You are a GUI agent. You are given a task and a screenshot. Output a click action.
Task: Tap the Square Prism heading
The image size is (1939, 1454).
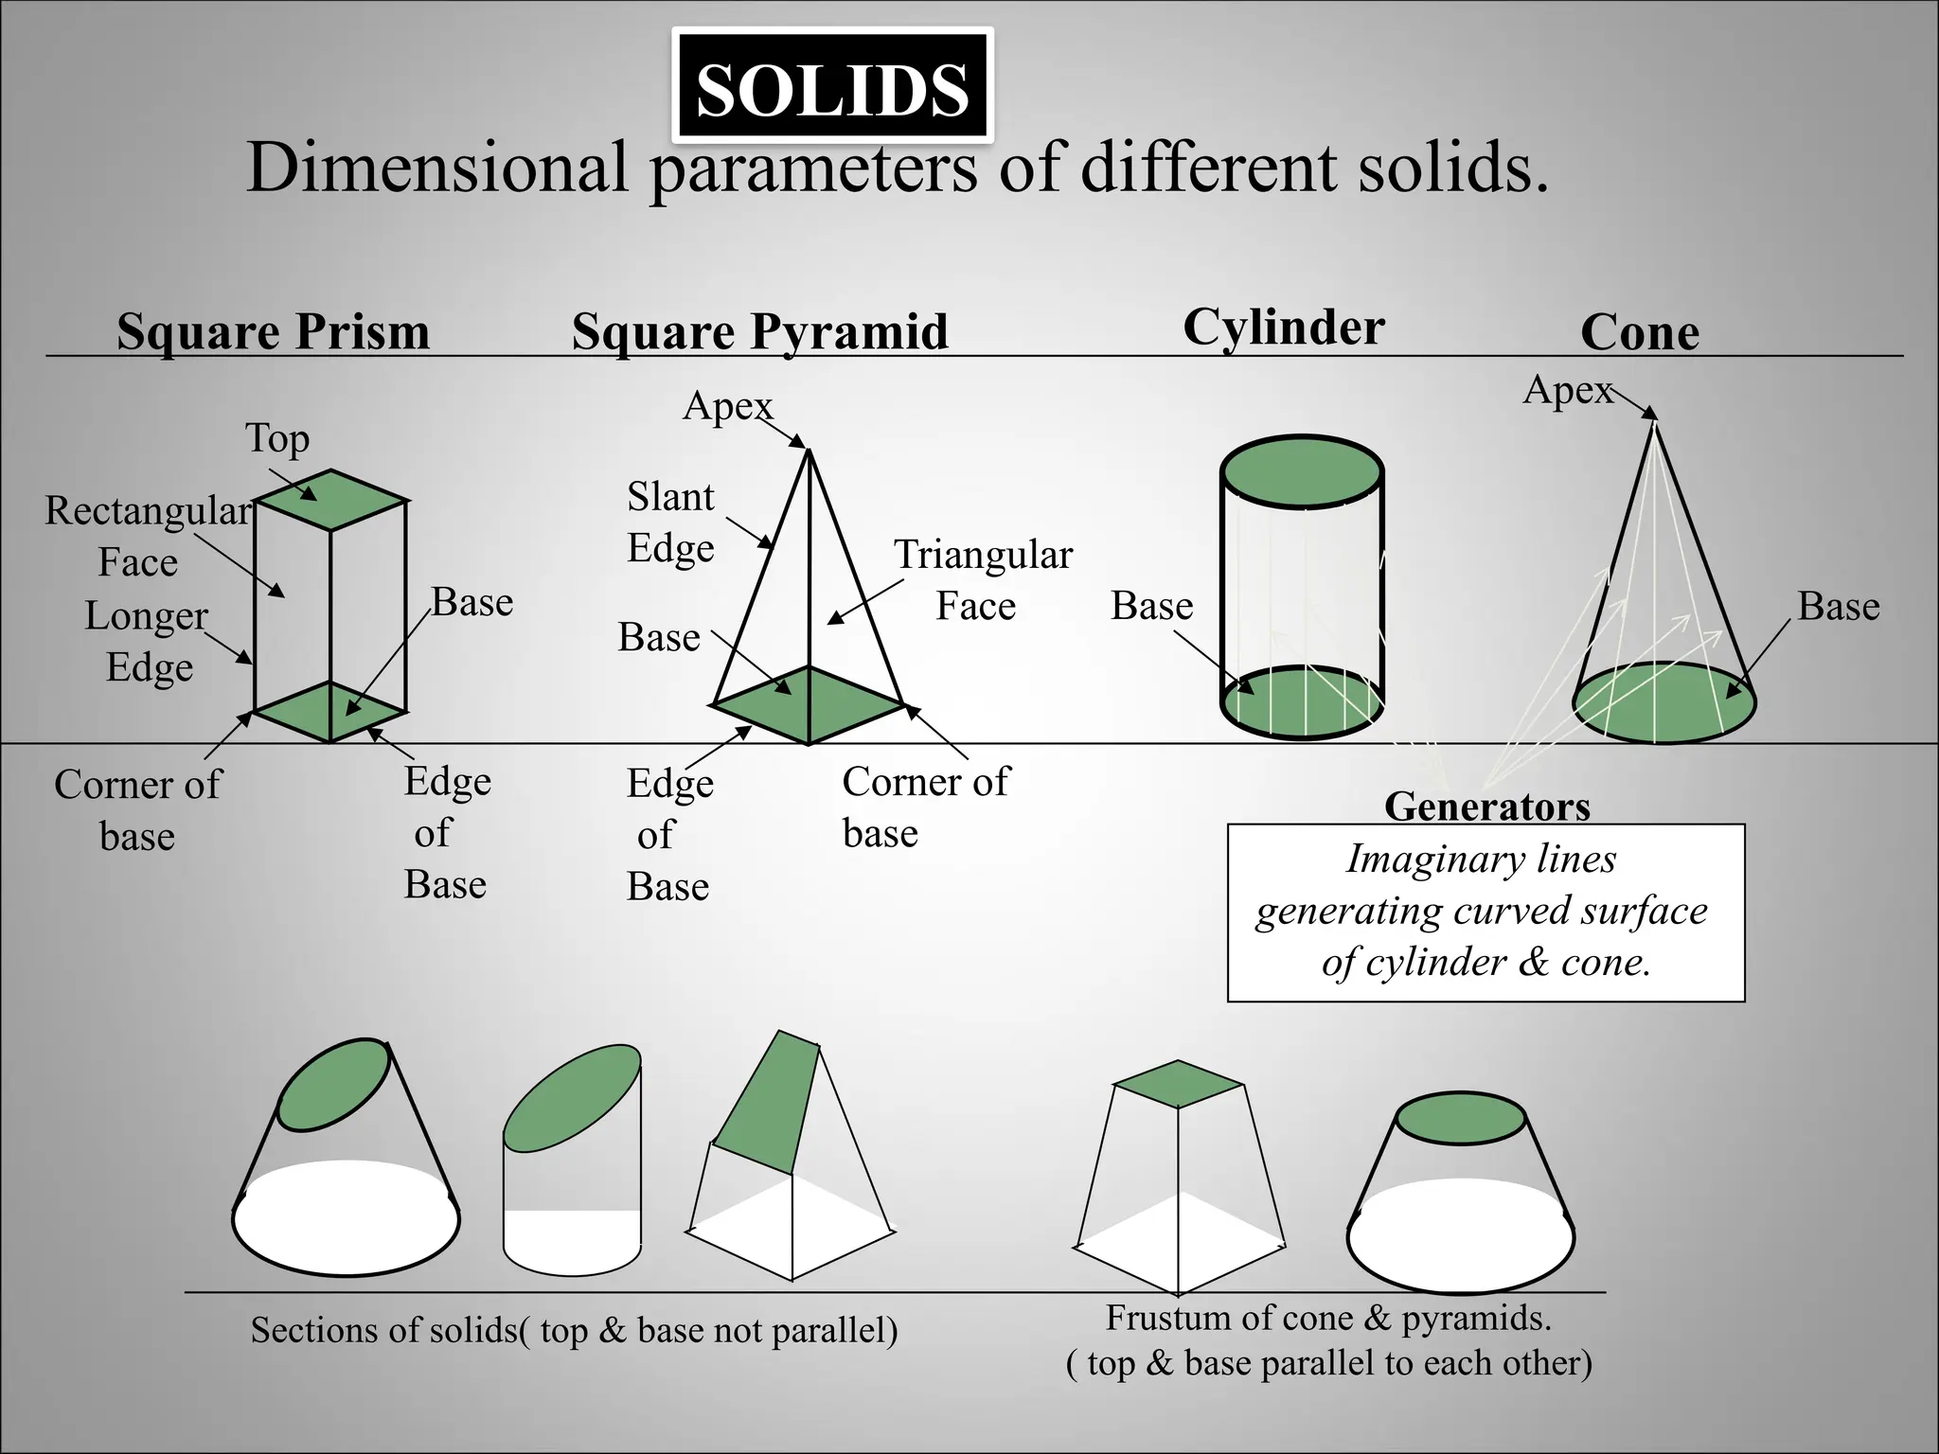tap(273, 332)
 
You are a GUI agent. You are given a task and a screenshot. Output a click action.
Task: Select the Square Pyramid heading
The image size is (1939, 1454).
tap(759, 332)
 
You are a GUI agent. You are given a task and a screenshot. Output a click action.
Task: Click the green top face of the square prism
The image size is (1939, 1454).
tap(330, 499)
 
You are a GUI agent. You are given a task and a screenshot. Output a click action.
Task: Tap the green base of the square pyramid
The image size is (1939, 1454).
tap(808, 704)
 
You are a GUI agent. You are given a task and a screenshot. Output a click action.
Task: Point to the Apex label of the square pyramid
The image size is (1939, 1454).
tap(727, 406)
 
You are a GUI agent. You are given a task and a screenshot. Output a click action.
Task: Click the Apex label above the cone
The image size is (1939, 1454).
tap(1567, 390)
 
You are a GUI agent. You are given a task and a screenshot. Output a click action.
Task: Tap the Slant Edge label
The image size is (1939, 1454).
tap(670, 523)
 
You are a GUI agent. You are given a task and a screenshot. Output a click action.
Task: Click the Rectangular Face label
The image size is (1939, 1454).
tap(147, 537)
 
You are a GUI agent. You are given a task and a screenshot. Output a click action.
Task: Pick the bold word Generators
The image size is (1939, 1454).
tap(1486, 807)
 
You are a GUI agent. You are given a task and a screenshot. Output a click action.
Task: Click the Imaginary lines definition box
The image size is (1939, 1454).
tap(1485, 912)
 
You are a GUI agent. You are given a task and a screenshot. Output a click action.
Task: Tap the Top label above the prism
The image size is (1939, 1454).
tap(276, 438)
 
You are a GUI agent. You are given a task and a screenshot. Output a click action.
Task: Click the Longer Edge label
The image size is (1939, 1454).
tap(148, 641)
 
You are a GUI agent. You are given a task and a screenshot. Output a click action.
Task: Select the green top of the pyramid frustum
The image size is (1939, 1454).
tap(1177, 1084)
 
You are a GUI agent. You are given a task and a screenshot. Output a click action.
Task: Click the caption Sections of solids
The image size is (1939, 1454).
tap(574, 1330)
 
